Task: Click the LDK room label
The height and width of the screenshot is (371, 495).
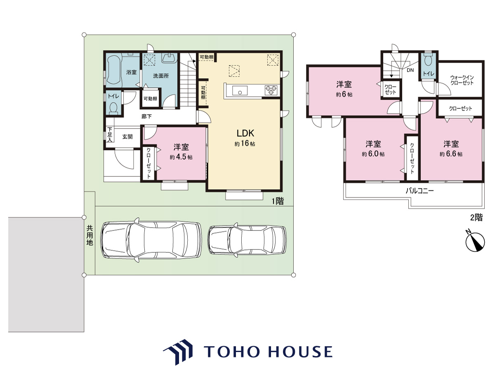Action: point(245,133)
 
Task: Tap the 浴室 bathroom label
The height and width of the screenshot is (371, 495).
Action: point(131,72)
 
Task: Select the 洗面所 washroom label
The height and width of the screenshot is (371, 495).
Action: point(161,76)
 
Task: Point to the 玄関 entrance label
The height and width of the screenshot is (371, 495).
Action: point(127,137)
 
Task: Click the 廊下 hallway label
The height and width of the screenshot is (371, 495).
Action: point(146,117)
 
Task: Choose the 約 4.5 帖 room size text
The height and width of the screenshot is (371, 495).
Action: point(181,157)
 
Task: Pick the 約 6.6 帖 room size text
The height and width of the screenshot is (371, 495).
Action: point(451,154)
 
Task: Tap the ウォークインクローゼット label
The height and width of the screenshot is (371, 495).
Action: point(462,80)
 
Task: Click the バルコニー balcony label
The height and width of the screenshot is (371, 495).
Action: point(420,191)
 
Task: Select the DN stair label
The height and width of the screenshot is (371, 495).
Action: point(410,70)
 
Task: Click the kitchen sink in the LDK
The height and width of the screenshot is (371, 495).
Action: point(240,91)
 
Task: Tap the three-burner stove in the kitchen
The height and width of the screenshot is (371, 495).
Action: point(271,90)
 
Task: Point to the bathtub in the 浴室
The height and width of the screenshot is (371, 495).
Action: point(114,70)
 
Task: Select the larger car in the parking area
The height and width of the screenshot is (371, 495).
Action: point(151,240)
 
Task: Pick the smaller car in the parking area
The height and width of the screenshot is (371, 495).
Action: point(247,240)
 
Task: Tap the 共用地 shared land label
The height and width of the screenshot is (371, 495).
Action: point(90,235)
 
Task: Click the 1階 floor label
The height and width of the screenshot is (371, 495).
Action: point(278,201)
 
